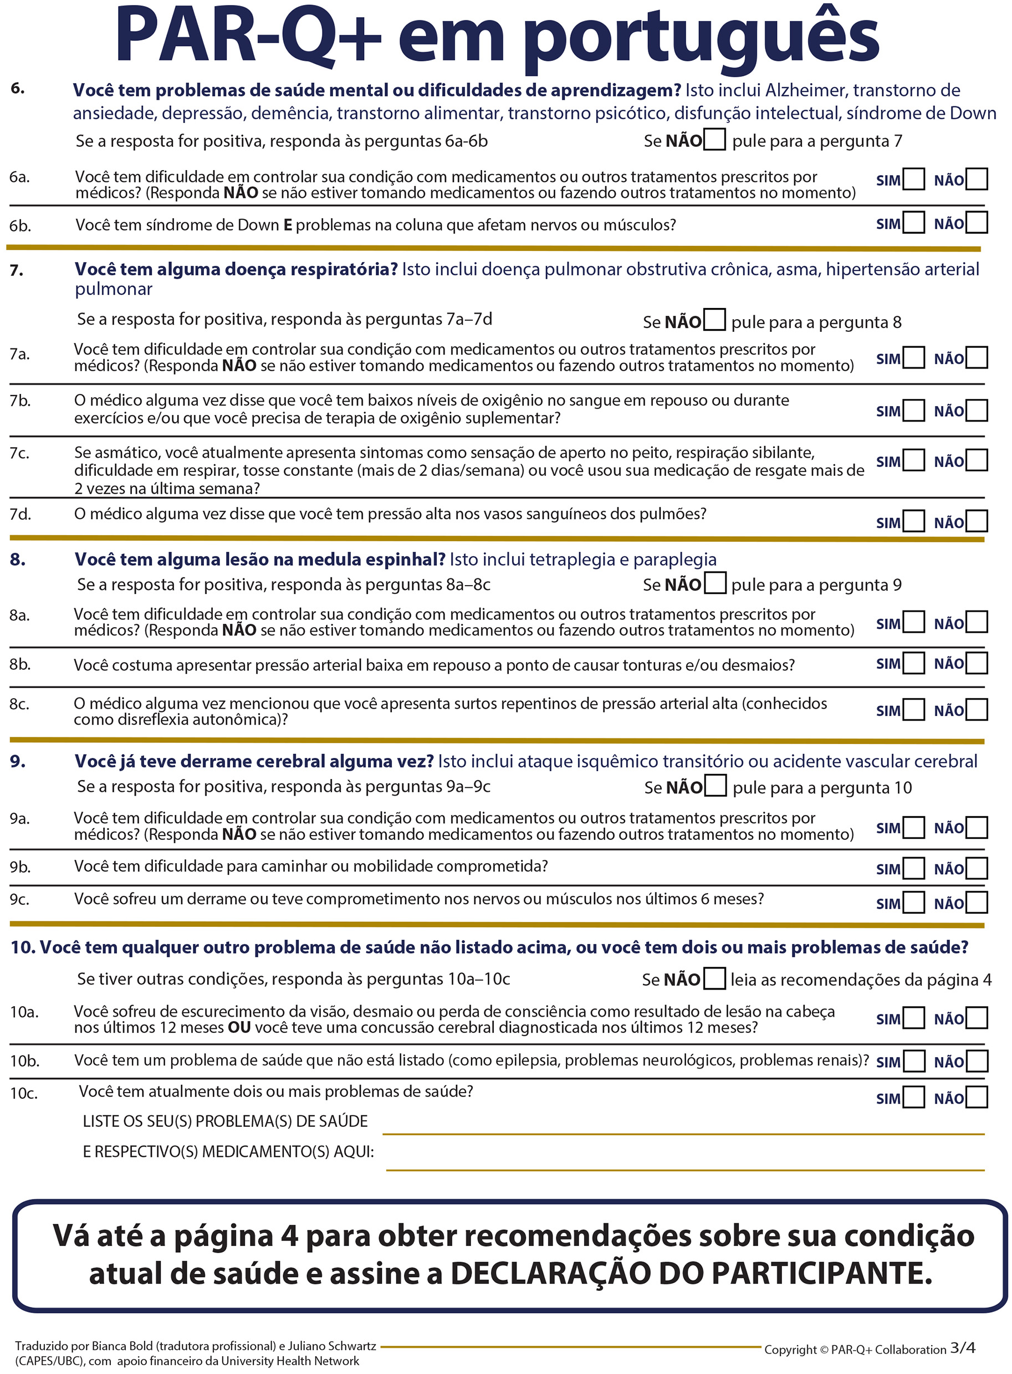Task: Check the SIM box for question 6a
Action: pyautogui.click(x=913, y=180)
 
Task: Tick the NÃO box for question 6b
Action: pyautogui.click(x=977, y=222)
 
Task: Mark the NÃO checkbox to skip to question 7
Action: pyautogui.click(x=714, y=140)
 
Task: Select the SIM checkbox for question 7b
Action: pyautogui.click(x=913, y=410)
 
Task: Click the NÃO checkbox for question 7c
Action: pyautogui.click(x=977, y=460)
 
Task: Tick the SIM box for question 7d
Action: pyautogui.click(x=913, y=522)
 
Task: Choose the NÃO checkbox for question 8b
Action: pyautogui.click(x=977, y=663)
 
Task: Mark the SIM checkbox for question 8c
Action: pyautogui.click(x=913, y=710)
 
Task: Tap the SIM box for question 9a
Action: pyautogui.click(x=913, y=827)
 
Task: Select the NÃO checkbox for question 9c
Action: pyautogui.click(x=977, y=903)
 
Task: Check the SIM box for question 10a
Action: pyautogui.click(x=913, y=1018)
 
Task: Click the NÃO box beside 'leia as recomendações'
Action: pyautogui.click(x=714, y=978)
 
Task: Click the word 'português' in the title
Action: pyautogui.click(x=700, y=38)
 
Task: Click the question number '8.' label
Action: pyautogui.click(x=18, y=560)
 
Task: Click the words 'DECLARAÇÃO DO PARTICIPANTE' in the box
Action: pyautogui.click(x=691, y=1273)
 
